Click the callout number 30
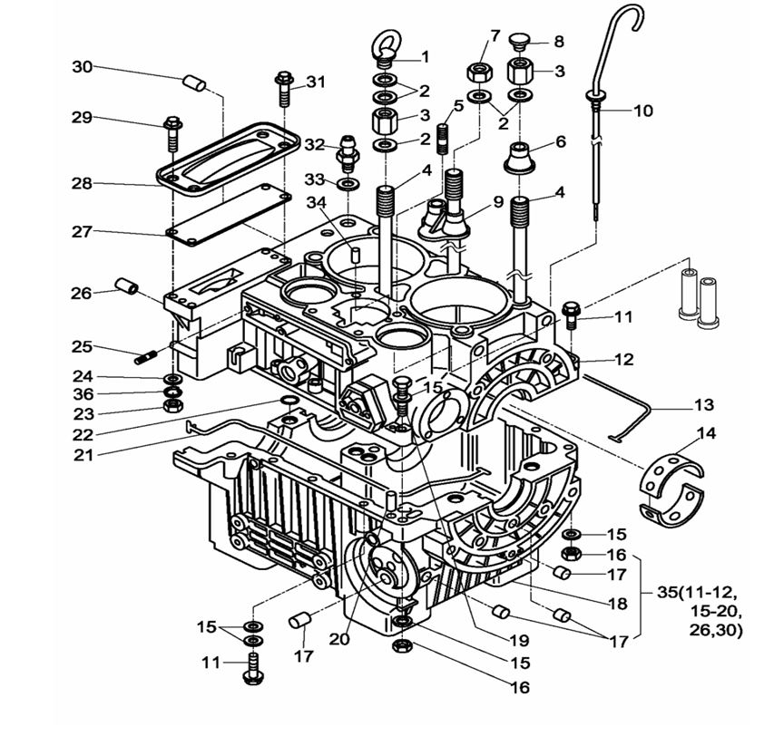coord(82,66)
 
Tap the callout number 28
coord(82,183)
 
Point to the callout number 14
coord(707,434)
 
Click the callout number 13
coord(704,404)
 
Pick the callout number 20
coord(339,638)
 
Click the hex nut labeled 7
coord(478,71)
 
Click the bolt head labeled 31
coord(284,82)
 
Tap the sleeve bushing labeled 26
coord(126,290)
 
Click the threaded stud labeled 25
coord(147,356)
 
